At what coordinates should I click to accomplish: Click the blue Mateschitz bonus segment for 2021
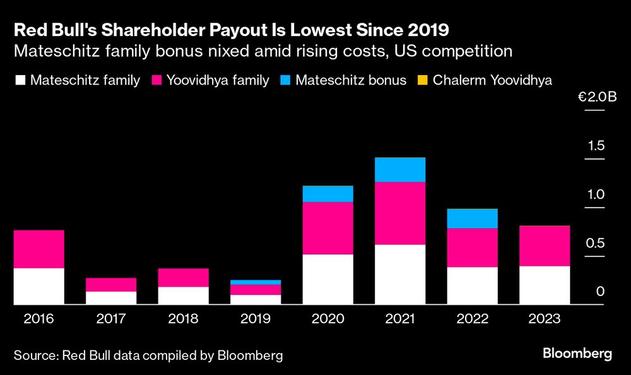coord(399,170)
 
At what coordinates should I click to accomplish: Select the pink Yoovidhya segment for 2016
coord(38,249)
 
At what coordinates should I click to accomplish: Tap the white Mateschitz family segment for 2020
coord(327,279)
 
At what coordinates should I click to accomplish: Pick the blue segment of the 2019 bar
coord(255,282)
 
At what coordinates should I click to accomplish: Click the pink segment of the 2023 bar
coord(545,246)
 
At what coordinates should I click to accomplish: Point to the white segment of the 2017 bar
coord(111,298)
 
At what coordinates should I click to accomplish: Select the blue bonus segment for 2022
coord(472,218)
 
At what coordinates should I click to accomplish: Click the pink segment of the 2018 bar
coord(183,278)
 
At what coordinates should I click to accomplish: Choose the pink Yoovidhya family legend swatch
coord(156,80)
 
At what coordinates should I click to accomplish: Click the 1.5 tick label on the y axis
coord(596,146)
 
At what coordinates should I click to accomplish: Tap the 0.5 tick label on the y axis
coord(596,243)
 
